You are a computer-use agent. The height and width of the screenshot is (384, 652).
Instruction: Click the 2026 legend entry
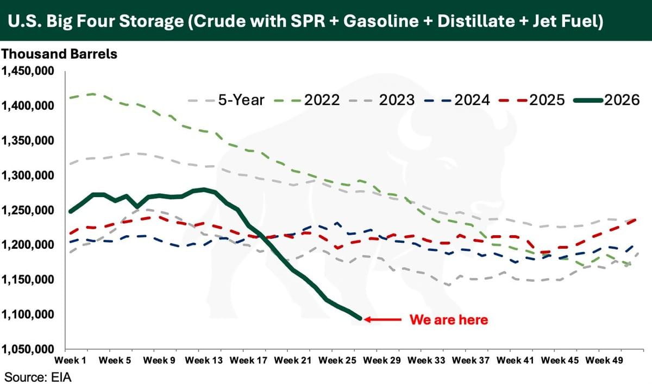point(606,100)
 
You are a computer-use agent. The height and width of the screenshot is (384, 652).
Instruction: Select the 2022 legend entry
point(307,100)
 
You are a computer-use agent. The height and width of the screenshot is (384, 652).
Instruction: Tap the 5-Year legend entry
point(226,100)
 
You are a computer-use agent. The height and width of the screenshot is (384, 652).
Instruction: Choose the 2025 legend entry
point(532,100)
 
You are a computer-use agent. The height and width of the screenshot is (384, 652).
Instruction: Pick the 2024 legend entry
point(457,100)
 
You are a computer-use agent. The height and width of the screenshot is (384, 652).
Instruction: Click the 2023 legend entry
point(382,100)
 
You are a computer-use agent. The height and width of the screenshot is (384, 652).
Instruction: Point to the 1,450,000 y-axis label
point(28,71)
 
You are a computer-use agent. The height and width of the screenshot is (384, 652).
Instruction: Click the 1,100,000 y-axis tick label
point(28,314)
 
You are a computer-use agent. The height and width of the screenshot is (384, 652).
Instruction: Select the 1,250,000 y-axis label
point(28,210)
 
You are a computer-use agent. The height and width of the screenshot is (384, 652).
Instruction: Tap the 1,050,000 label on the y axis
point(28,349)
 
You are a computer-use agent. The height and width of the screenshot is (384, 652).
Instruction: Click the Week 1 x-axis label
point(70,361)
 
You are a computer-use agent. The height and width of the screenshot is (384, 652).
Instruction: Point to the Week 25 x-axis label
point(337,361)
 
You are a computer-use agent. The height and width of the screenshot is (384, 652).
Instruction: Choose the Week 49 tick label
point(604,361)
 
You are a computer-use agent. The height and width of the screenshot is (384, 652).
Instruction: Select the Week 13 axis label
point(204,361)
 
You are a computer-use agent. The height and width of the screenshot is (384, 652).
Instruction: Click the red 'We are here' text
point(449,320)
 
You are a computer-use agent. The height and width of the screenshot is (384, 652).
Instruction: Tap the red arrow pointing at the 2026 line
point(383,320)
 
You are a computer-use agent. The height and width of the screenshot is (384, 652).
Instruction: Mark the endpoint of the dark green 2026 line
point(360,319)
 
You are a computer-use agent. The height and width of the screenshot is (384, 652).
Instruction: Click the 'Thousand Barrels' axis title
point(59,54)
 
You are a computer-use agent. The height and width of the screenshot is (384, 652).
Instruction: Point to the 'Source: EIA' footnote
point(38,377)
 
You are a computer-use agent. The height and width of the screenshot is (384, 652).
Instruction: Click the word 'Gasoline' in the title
point(381,21)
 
